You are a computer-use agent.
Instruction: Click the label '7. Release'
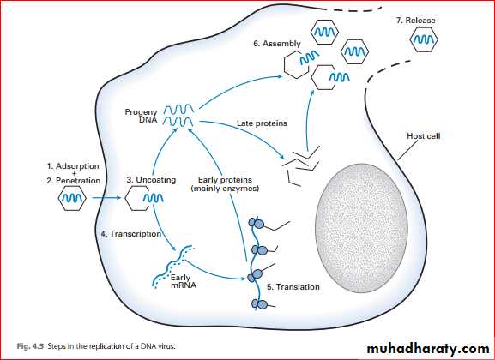415,21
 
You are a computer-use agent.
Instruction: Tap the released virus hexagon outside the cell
424,39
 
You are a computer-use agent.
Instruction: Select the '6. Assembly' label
277,44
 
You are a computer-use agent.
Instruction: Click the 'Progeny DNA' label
141,116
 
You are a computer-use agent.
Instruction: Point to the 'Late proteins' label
262,123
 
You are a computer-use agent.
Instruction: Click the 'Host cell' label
423,136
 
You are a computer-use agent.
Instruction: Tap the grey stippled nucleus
361,228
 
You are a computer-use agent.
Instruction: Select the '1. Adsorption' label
73,166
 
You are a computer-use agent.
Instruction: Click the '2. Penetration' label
74,181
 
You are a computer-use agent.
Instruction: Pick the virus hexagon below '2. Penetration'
72,198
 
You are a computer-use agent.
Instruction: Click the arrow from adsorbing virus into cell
106,198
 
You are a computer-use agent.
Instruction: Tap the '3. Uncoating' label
151,180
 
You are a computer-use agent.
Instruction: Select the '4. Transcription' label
131,234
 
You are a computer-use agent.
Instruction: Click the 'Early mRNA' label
184,281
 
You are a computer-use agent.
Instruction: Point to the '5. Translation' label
293,287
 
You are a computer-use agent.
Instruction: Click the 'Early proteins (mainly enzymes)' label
225,184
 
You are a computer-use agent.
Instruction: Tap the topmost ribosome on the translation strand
257,223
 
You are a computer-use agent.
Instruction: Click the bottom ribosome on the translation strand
259,304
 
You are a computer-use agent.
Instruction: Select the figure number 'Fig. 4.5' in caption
31,346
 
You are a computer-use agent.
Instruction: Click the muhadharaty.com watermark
428,349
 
